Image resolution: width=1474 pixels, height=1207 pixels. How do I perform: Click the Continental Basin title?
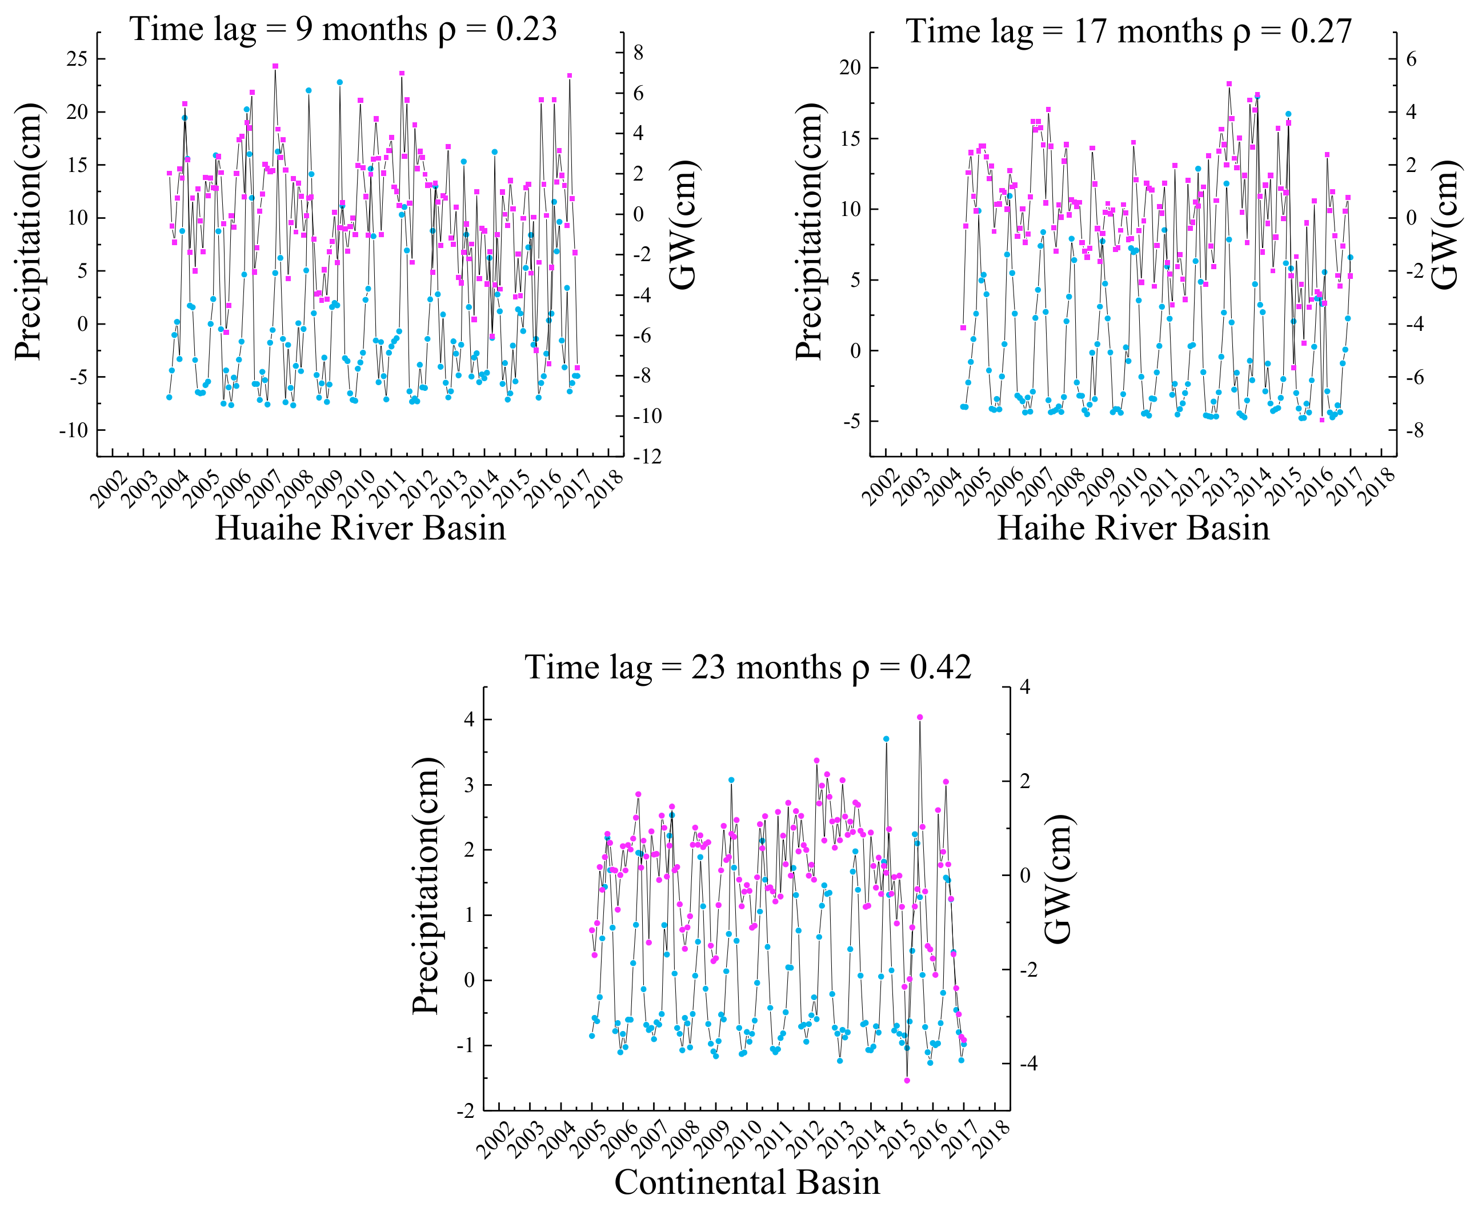747,1182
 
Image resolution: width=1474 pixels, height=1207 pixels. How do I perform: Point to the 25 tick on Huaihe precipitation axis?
77,59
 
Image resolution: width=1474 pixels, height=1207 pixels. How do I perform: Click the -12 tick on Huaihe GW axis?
647,457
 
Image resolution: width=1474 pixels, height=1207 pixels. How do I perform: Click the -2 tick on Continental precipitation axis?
466,1110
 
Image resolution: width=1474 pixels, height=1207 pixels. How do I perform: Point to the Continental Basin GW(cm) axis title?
1058,879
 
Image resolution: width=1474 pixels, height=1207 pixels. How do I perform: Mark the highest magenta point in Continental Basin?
920,717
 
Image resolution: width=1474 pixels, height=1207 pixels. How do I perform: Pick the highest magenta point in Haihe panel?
1229,83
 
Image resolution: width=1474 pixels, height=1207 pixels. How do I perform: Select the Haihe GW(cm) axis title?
1445,229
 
